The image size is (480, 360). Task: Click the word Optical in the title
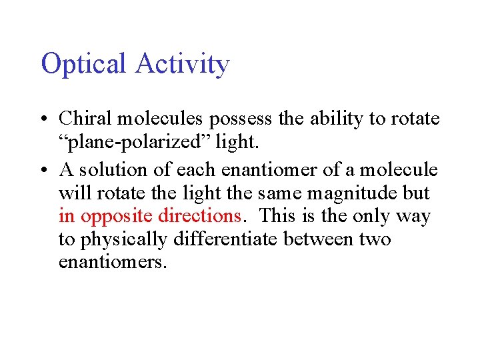[x=83, y=65]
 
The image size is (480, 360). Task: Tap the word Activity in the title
[x=182, y=65]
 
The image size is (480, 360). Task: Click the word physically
[x=124, y=239]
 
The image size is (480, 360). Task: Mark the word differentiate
[x=227, y=239]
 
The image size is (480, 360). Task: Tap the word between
[x=318, y=239]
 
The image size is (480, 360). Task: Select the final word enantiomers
[x=111, y=262]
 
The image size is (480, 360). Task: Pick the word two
[x=376, y=239]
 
